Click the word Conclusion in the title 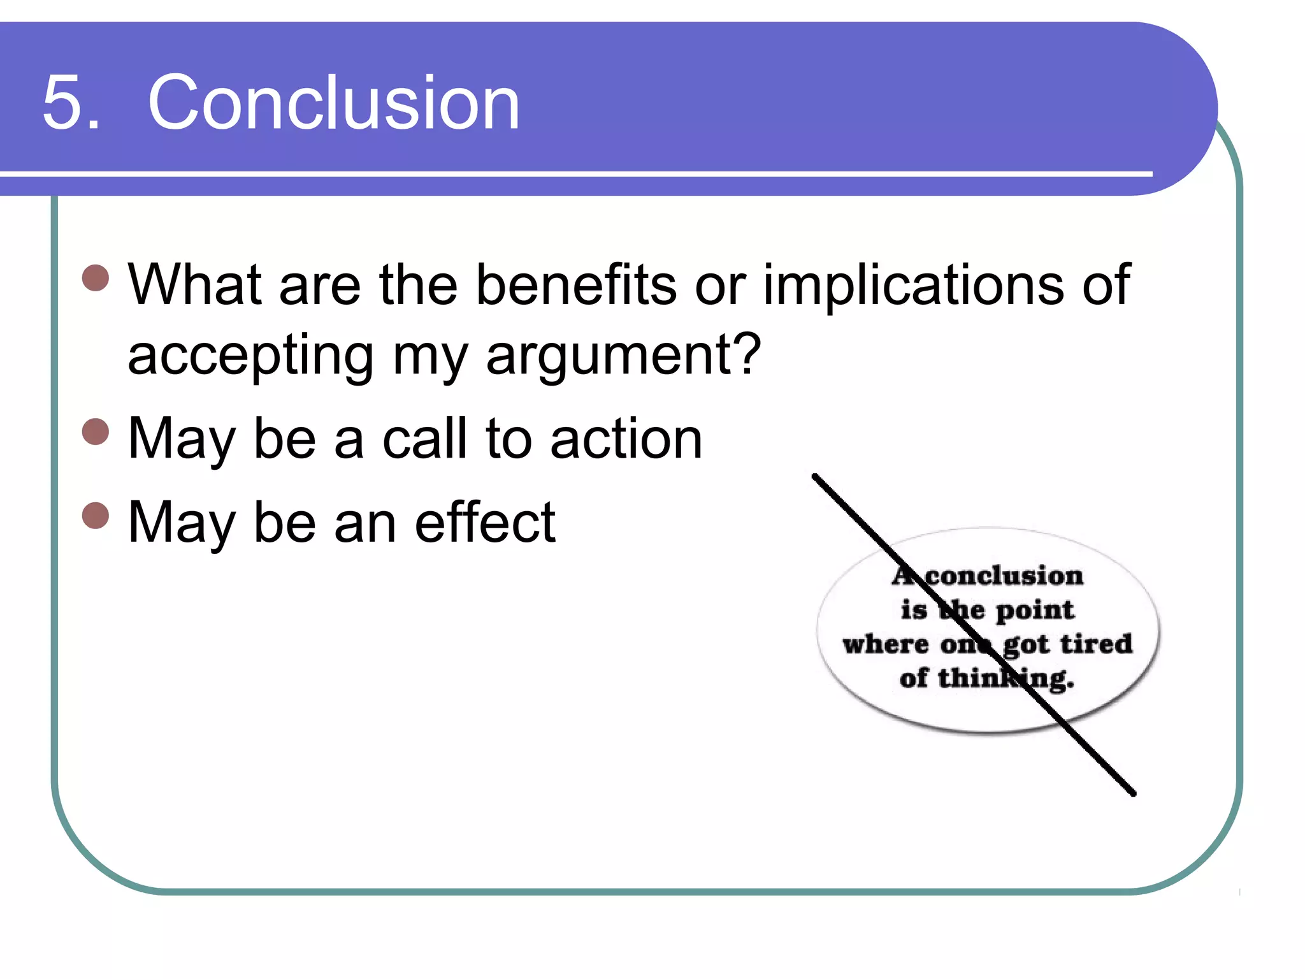tap(333, 102)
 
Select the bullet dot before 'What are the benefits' tap(96, 278)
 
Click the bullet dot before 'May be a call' tap(96, 431)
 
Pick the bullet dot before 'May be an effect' tap(96, 516)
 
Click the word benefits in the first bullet tap(576, 284)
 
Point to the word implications tap(913, 286)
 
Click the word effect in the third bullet tap(485, 523)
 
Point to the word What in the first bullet tap(194, 284)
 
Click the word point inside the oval tap(1035, 611)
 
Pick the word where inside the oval tap(885, 644)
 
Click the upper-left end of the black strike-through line tap(815, 476)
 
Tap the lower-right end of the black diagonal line tap(1134, 794)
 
